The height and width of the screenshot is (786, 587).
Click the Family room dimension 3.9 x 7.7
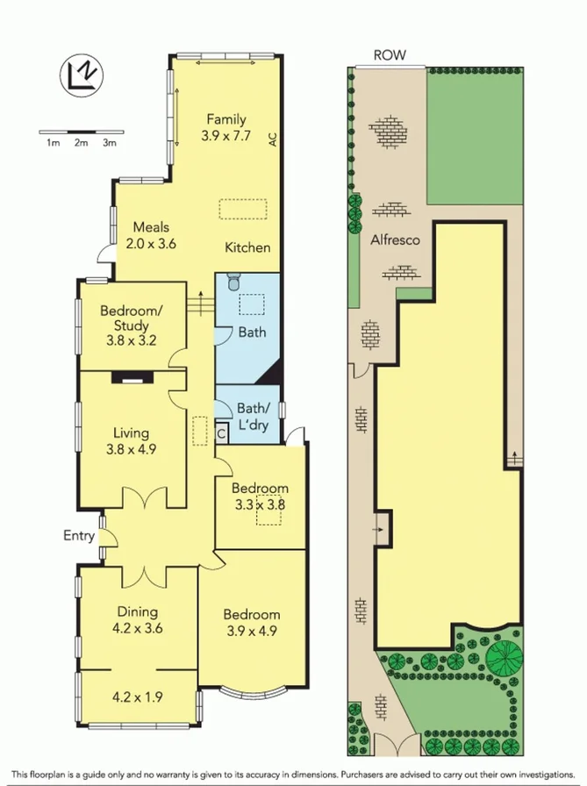pyautogui.click(x=225, y=136)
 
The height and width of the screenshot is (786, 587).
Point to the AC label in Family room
pyautogui.click(x=272, y=138)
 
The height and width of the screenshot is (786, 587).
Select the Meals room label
pyautogui.click(x=151, y=228)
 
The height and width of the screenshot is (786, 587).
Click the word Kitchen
pyautogui.click(x=247, y=247)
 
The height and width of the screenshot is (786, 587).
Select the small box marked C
pyautogui.click(x=221, y=432)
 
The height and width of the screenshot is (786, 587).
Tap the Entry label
pyautogui.click(x=78, y=535)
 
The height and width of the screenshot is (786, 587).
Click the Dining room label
pyautogui.click(x=137, y=612)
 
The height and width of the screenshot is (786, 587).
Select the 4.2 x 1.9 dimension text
pyautogui.click(x=137, y=698)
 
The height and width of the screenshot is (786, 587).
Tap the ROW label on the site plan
pyautogui.click(x=390, y=54)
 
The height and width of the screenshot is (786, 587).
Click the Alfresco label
pyautogui.click(x=395, y=239)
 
